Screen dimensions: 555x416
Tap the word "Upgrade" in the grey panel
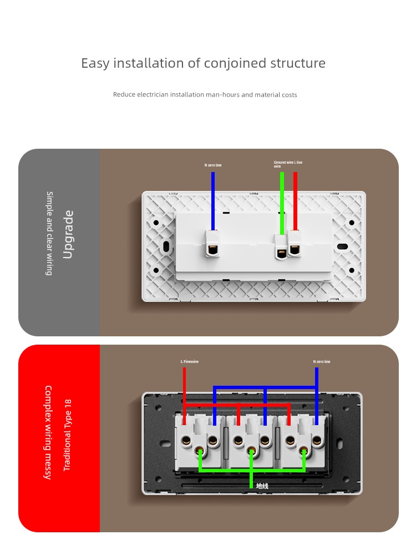point(68,234)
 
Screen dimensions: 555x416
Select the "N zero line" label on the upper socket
point(213,165)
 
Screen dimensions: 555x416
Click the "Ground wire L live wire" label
point(287,164)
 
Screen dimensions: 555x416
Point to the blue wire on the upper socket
point(213,200)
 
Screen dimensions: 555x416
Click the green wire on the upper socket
point(282,203)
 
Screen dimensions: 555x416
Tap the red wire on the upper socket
point(295,200)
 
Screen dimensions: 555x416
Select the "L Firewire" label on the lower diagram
point(190,362)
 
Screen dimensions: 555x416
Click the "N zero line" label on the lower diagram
point(322,362)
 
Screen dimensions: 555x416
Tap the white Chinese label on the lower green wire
point(262,486)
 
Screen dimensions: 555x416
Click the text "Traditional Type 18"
point(68,435)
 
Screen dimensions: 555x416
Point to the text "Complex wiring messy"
point(48,432)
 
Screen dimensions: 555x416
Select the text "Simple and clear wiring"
point(49,233)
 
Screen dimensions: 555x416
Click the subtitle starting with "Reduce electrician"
point(205,95)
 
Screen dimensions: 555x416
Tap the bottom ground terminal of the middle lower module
point(251,452)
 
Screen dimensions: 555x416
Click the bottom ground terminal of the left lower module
point(201,452)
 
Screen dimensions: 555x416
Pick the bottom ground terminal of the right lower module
point(303,452)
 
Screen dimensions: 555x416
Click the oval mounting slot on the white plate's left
point(166,246)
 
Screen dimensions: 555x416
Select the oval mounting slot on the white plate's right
point(343,246)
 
